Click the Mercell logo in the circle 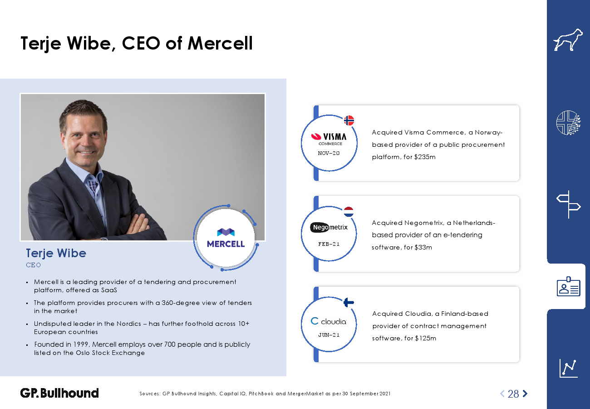pos(226,238)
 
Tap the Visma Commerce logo pos(329,139)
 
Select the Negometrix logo pos(329,227)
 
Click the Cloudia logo pos(329,321)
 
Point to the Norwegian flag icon pos(349,120)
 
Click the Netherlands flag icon pos(349,212)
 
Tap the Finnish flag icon pos(349,302)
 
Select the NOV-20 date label pos(329,153)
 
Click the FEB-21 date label pos(329,244)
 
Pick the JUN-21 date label pos(329,335)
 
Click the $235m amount pos(425,157)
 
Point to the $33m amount pos(423,247)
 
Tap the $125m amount pos(425,338)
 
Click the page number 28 pos(513,394)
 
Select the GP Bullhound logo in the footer pos(59,393)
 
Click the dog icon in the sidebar pos(568,40)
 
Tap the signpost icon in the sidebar pos(568,204)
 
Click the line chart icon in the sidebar pos(568,369)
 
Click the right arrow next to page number pos(525,394)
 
